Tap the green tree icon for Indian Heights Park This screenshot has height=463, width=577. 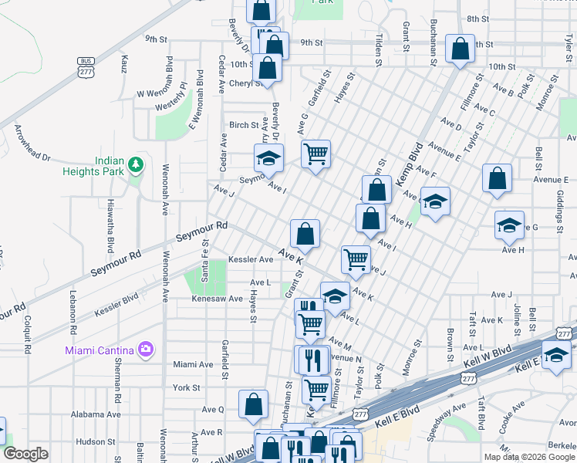(136, 164)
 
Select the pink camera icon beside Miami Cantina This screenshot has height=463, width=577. (145, 350)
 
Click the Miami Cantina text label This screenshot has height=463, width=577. (100, 350)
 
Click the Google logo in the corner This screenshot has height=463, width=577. (25, 454)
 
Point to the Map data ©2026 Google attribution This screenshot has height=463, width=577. (529, 457)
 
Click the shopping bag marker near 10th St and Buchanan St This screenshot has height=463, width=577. (461, 50)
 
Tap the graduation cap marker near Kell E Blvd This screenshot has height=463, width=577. (555, 356)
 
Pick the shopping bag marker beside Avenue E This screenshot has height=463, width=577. (498, 177)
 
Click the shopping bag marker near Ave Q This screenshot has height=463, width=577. (253, 404)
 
